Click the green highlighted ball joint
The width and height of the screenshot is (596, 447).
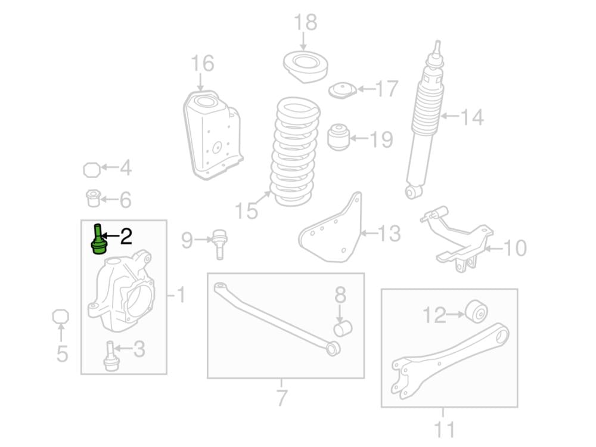(x=98, y=240)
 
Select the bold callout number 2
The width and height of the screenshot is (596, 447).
(x=126, y=236)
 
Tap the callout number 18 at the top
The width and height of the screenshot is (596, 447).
(x=306, y=22)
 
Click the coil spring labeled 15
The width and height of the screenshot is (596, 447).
(x=295, y=151)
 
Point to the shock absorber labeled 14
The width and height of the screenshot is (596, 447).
(x=425, y=119)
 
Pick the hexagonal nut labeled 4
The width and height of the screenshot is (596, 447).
(x=92, y=170)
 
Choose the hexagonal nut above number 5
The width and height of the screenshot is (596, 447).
(x=60, y=316)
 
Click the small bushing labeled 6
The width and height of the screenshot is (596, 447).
(x=94, y=198)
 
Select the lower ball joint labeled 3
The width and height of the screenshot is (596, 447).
(x=110, y=356)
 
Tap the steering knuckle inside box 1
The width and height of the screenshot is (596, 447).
(x=122, y=291)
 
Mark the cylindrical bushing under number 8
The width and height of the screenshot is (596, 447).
(x=343, y=328)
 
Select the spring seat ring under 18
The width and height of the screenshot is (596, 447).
(x=306, y=66)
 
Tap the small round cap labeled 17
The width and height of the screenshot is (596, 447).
(x=343, y=90)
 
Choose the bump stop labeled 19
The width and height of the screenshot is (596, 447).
(x=338, y=136)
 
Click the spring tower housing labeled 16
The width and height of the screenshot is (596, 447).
(x=213, y=135)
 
